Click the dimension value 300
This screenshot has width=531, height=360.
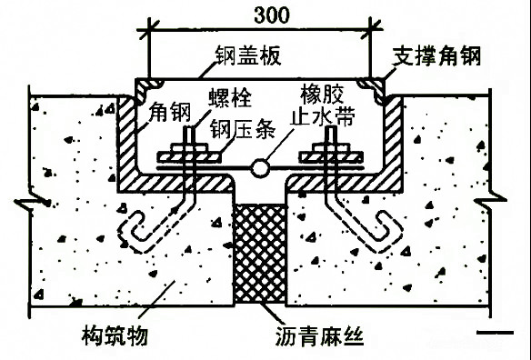click(260, 15)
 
